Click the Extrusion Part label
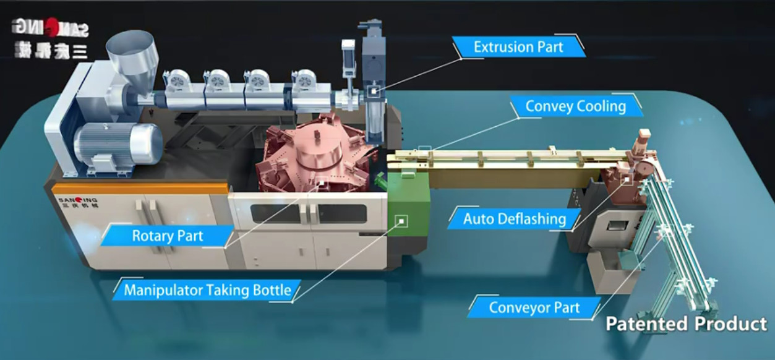click(518, 47)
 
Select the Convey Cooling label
click(575, 106)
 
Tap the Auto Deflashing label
click(514, 218)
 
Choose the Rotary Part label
click(167, 236)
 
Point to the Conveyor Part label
click(534, 307)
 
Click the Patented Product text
click(686, 324)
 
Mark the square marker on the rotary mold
click(321, 181)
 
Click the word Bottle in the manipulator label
click(270, 290)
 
